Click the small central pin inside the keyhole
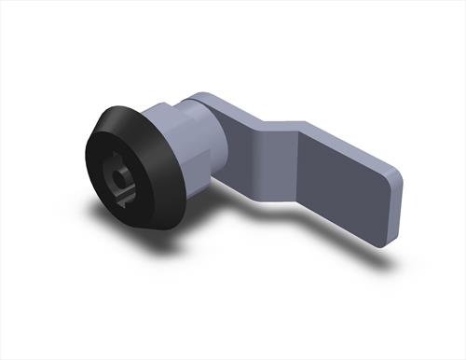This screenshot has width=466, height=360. (x=120, y=174)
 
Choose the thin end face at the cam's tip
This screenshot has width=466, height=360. (x=393, y=210)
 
